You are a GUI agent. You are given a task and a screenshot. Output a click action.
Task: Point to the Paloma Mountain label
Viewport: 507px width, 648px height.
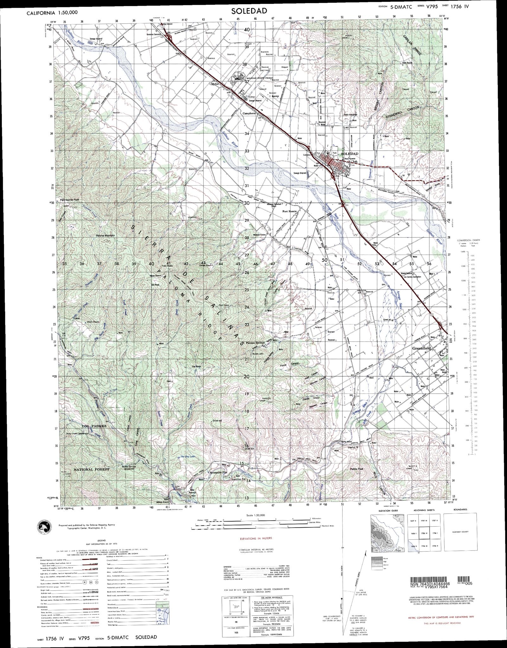[x=106, y=236]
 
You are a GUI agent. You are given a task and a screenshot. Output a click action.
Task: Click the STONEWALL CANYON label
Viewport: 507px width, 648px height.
[x=403, y=113]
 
